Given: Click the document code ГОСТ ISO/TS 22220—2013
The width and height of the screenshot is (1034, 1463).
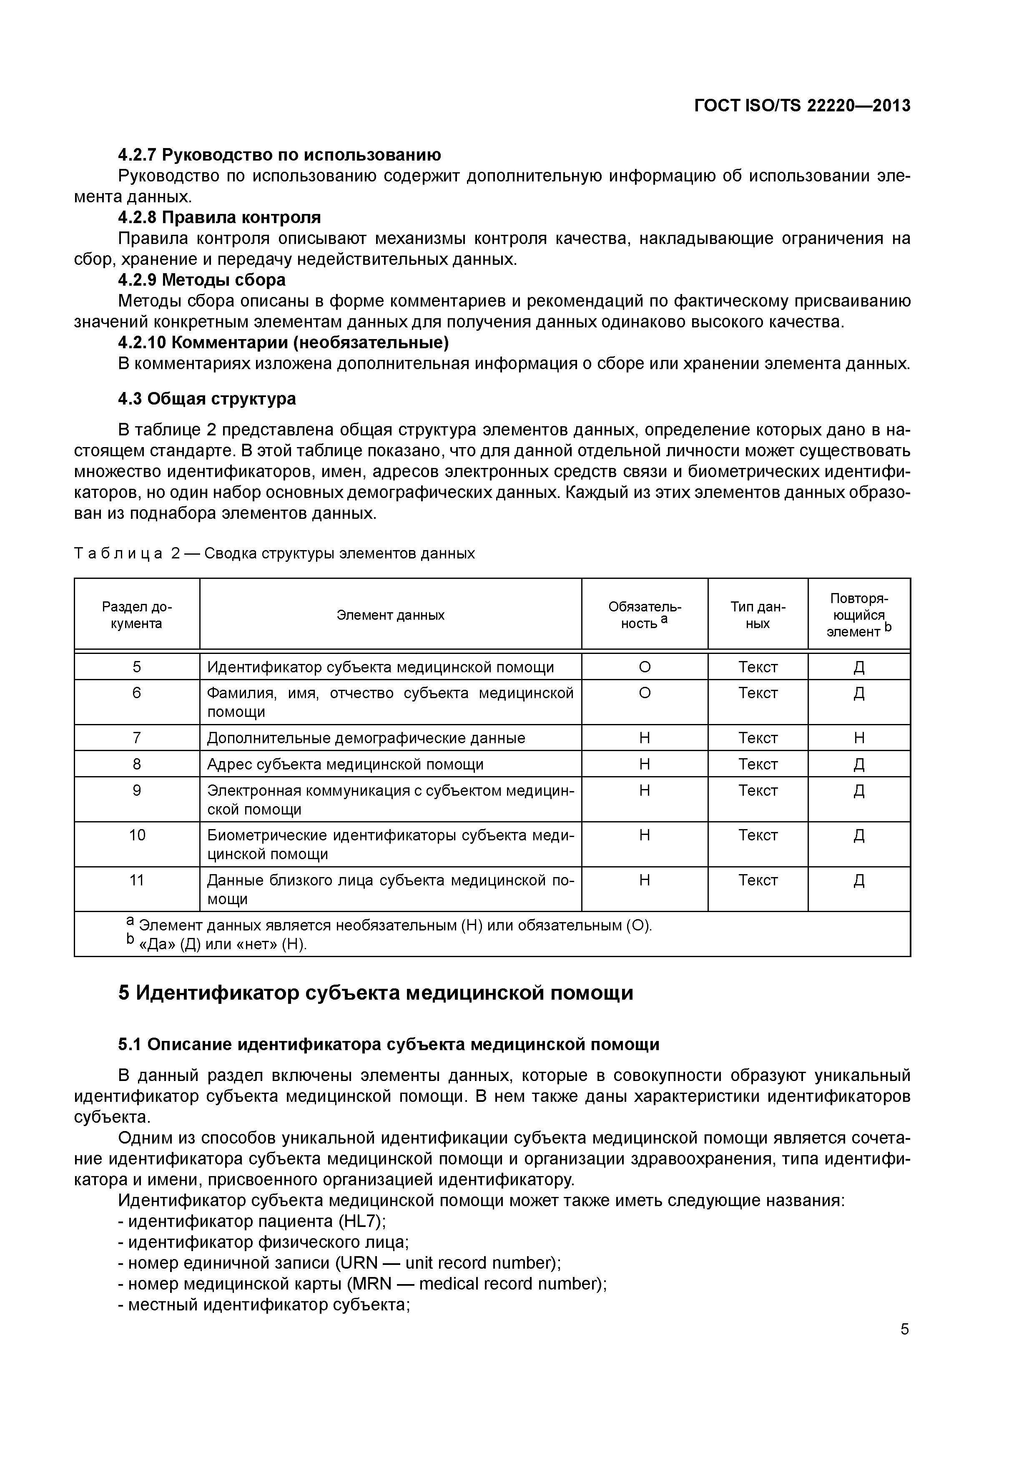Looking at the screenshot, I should click(801, 106).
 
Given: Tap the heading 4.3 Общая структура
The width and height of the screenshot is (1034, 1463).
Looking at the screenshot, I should click(207, 398).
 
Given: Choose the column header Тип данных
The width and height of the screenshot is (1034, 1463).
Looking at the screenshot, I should click(758, 615).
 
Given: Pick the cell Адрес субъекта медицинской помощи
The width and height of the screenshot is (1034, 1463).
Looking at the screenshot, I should click(345, 764).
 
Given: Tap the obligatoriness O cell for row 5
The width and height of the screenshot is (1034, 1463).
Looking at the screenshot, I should click(644, 667).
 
